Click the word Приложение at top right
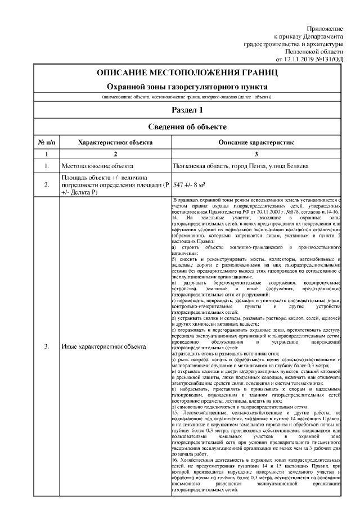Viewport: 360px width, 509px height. tap(325, 28)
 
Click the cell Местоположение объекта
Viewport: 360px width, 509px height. tap(97, 167)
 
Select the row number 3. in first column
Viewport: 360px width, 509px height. tap(46, 346)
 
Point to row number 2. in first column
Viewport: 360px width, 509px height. tap(46, 184)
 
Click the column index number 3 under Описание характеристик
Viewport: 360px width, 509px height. tap(256, 154)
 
